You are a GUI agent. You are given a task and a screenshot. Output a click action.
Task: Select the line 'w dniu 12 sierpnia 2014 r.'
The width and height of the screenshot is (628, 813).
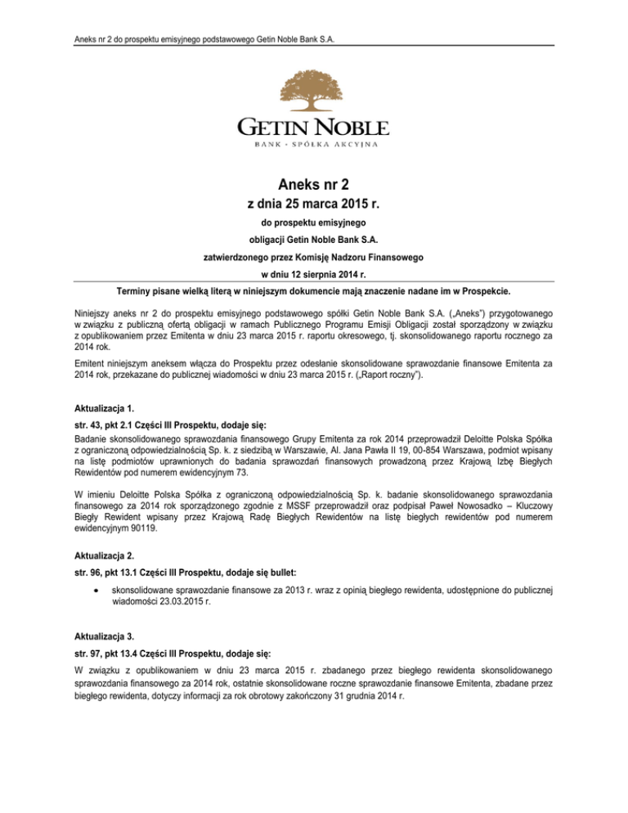[x=313, y=274]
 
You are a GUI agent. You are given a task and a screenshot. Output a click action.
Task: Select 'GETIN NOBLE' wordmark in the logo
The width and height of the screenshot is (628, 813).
[x=313, y=127]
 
